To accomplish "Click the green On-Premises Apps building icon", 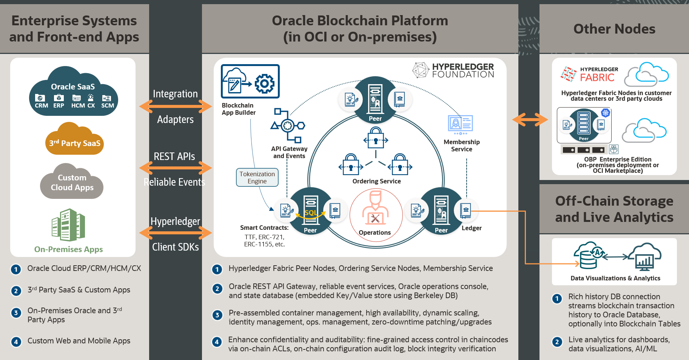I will pos(68,225).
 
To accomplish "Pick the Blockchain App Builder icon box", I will pos(250,82).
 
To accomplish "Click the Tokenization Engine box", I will pos(257,177).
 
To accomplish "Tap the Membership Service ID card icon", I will pos(460,124).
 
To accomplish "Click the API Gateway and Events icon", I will pos(288,125).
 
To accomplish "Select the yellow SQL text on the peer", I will pos(310,213).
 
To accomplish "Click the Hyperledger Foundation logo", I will pos(453,70).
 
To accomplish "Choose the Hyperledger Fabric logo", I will pos(589,74).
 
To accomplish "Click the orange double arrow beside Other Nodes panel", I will pos(530,120).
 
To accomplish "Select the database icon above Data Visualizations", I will pos(589,256).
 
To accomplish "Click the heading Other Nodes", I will pos(614,29).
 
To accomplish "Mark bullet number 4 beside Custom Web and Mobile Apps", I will pos(16,342).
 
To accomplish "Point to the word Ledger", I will pos(472,228).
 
